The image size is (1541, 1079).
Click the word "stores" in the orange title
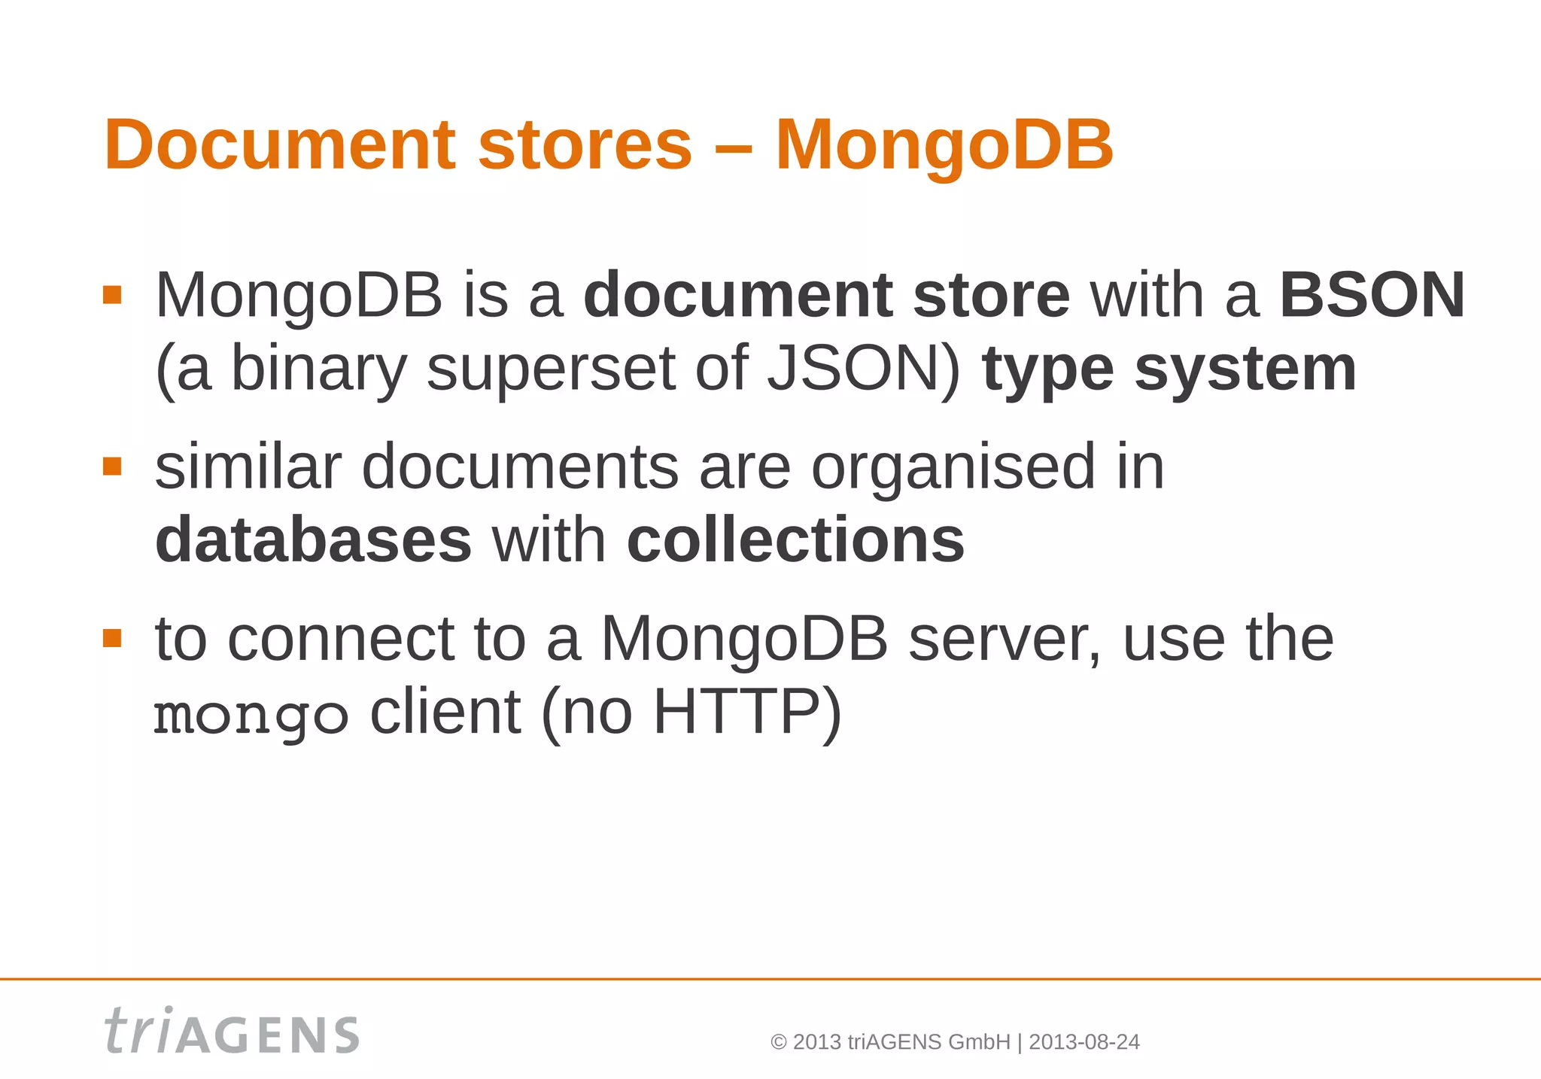[585, 144]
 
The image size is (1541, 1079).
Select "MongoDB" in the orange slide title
[944, 144]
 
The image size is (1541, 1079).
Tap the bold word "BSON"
[1372, 295]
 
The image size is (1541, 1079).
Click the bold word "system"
[1245, 369]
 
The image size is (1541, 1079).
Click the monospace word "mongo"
[251, 715]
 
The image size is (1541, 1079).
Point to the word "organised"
[953, 467]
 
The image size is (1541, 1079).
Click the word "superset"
[551, 369]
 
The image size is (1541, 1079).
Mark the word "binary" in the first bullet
[318, 369]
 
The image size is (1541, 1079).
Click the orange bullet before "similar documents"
[112, 467]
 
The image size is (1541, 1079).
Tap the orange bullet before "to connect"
[112, 639]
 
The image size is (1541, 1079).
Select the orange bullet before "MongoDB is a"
[112, 294]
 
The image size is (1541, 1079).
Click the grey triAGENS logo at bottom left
[232, 1031]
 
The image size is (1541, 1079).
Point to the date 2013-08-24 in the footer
[1084, 1042]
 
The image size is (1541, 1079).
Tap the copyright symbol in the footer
[779, 1043]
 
